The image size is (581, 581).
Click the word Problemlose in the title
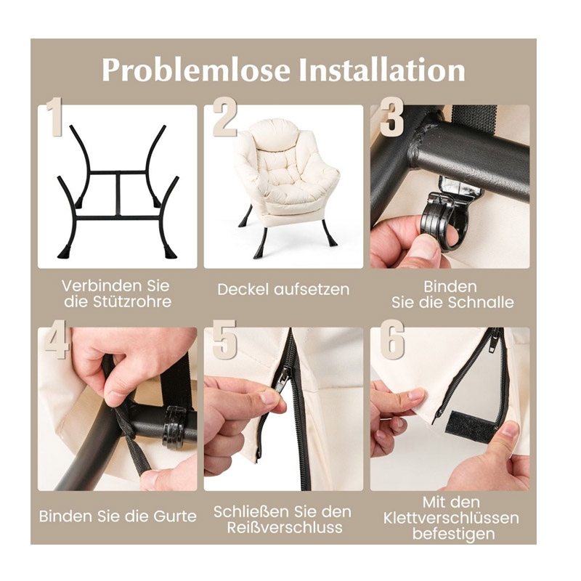pos(195,70)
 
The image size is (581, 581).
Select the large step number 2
pos(225,117)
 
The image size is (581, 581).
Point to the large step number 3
pos(391,117)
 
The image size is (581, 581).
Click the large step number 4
pos(57,339)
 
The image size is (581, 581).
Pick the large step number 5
pos(224,339)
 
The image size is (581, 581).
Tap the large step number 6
pos(392,339)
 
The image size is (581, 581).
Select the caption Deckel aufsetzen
pos(283,289)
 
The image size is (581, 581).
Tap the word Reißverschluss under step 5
pos(285,528)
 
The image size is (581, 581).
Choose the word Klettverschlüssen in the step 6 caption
pos(451,518)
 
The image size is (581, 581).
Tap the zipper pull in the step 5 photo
pos(280,378)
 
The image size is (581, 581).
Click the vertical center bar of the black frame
pos(118,194)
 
